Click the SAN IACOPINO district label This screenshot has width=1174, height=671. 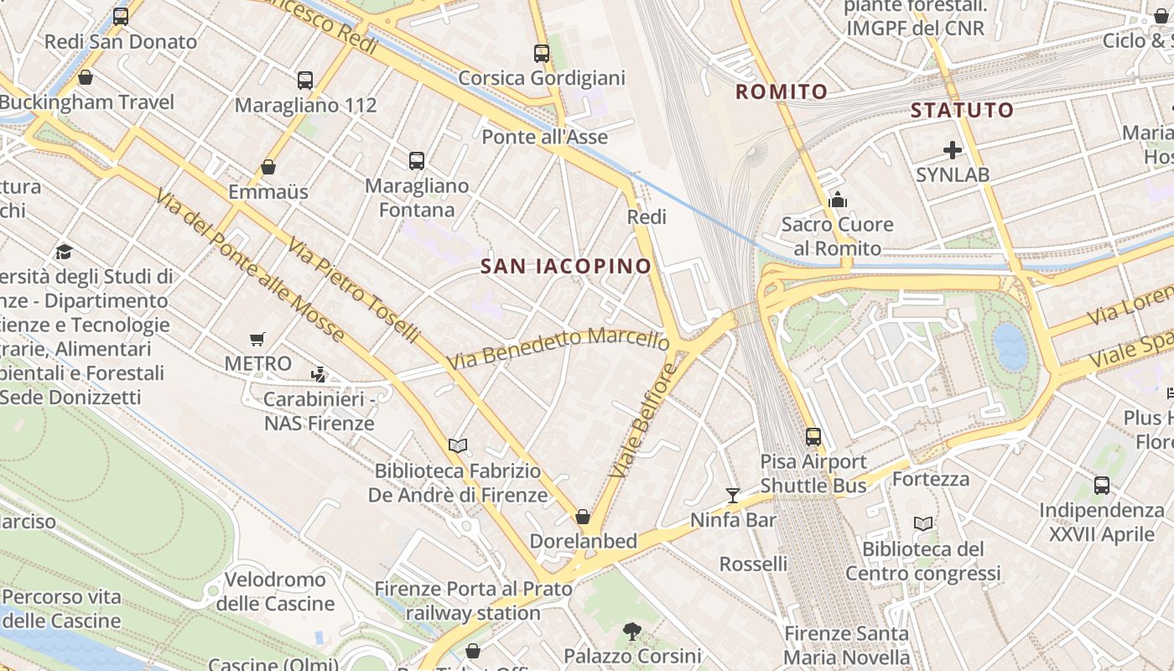[x=566, y=267]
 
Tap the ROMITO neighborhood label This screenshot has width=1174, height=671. [x=782, y=91]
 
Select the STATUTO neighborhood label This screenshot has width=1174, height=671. [x=962, y=110]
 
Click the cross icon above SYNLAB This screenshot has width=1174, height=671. [x=953, y=150]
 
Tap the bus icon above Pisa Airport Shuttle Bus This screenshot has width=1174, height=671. [x=813, y=437]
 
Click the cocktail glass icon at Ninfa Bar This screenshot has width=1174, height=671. [x=733, y=495]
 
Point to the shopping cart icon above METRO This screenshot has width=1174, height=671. [x=257, y=340]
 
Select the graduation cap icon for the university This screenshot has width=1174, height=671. [x=64, y=252]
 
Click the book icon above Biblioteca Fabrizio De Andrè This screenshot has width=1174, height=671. [x=458, y=445]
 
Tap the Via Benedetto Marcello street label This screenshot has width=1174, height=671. [x=558, y=348]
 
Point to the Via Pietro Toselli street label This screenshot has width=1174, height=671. [x=353, y=290]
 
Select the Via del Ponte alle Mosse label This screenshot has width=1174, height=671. [x=249, y=265]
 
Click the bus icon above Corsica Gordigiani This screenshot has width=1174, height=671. [x=542, y=54]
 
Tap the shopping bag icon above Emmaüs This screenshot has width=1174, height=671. [x=268, y=167]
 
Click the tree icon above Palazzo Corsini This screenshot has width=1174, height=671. [x=632, y=631]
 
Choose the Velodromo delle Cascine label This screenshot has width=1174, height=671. [x=275, y=591]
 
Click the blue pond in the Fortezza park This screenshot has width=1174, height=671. [x=1010, y=346]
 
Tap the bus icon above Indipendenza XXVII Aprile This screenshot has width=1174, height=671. [x=1102, y=486]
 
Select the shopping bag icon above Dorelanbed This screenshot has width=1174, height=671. [x=583, y=517]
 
